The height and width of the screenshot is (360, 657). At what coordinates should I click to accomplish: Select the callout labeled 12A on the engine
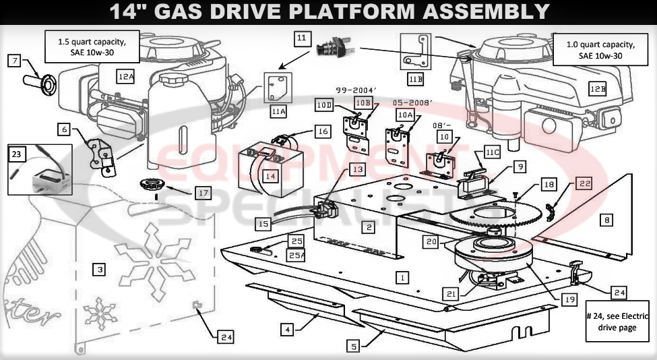(x=125, y=76)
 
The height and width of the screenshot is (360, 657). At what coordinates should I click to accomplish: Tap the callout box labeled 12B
(x=598, y=88)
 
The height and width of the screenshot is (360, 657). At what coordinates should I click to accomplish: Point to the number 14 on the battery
(x=270, y=176)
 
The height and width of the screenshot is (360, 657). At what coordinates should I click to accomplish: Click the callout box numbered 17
(x=203, y=192)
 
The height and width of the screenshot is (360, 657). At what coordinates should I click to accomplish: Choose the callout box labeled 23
(x=16, y=154)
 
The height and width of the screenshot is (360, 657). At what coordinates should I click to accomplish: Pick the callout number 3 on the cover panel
(x=100, y=270)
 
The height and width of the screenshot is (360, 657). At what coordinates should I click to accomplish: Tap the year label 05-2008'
(x=413, y=102)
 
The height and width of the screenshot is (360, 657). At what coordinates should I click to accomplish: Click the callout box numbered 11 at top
(x=303, y=38)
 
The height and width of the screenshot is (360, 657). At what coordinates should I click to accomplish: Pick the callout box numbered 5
(x=354, y=347)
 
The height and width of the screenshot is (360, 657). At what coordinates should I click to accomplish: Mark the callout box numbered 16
(x=323, y=131)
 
